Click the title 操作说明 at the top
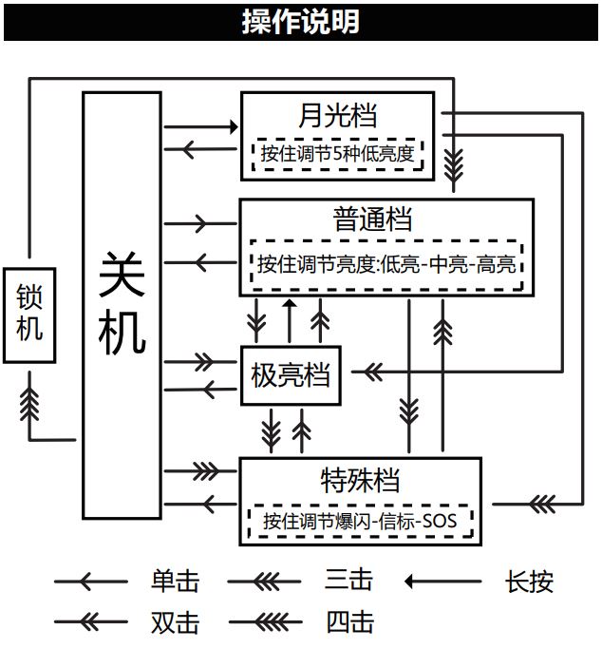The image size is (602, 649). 300,21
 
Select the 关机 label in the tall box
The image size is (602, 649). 122,304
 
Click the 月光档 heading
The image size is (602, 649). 337,115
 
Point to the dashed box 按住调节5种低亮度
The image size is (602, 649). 338,153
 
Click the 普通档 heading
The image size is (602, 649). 373,220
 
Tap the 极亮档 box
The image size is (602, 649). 290,375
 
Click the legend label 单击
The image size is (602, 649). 175,581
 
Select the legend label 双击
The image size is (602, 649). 175,622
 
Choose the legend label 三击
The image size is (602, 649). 348,579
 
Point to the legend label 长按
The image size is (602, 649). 529,581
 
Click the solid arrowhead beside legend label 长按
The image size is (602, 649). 409,581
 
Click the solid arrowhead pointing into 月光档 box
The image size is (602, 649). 232,125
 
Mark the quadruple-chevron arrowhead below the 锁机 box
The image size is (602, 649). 29,403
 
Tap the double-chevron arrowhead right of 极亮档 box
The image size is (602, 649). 371,370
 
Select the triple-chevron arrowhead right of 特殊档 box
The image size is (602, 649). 541,503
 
